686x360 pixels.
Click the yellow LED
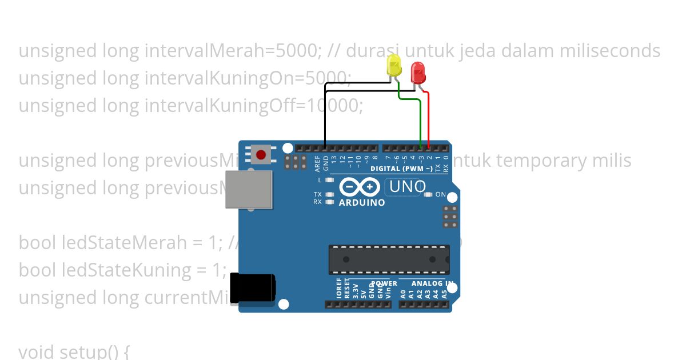(394, 66)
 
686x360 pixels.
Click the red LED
(418, 73)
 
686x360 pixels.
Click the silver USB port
(248, 189)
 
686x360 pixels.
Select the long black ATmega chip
(389, 259)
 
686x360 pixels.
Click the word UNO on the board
(407, 186)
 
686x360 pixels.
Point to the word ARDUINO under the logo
(362, 203)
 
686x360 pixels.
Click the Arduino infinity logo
(360, 187)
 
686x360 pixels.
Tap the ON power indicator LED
(429, 195)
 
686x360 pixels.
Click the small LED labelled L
(329, 180)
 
